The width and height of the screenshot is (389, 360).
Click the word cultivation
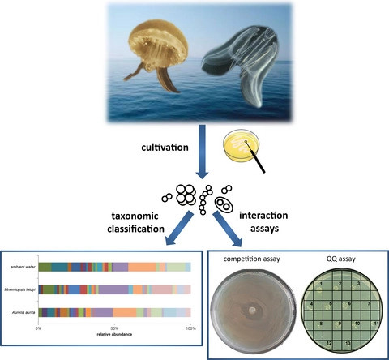pyautogui.click(x=165, y=148)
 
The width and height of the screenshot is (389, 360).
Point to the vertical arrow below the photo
pyautogui.click(x=203, y=152)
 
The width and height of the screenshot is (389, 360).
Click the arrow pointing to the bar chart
pyautogui.click(x=179, y=229)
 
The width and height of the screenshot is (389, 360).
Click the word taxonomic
pyautogui.click(x=135, y=216)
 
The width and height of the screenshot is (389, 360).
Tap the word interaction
pyautogui.click(x=263, y=216)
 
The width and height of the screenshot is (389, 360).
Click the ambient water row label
pyautogui.click(x=23, y=267)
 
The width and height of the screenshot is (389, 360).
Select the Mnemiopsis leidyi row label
pyautogui.click(x=20, y=290)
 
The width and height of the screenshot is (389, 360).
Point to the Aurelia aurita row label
pyautogui.click(x=24, y=312)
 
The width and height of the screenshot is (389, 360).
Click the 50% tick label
pyautogui.click(x=114, y=328)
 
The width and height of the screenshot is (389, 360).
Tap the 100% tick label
pyautogui.click(x=190, y=328)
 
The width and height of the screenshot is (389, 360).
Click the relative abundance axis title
pyautogui.click(x=114, y=334)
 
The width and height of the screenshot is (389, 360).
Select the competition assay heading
pyautogui.click(x=251, y=259)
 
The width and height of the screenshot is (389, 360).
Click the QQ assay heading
pyautogui.click(x=340, y=259)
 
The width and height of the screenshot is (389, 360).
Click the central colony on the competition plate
pyautogui.click(x=252, y=311)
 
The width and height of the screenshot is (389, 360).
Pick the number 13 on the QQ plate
pyautogui.click(x=348, y=343)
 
